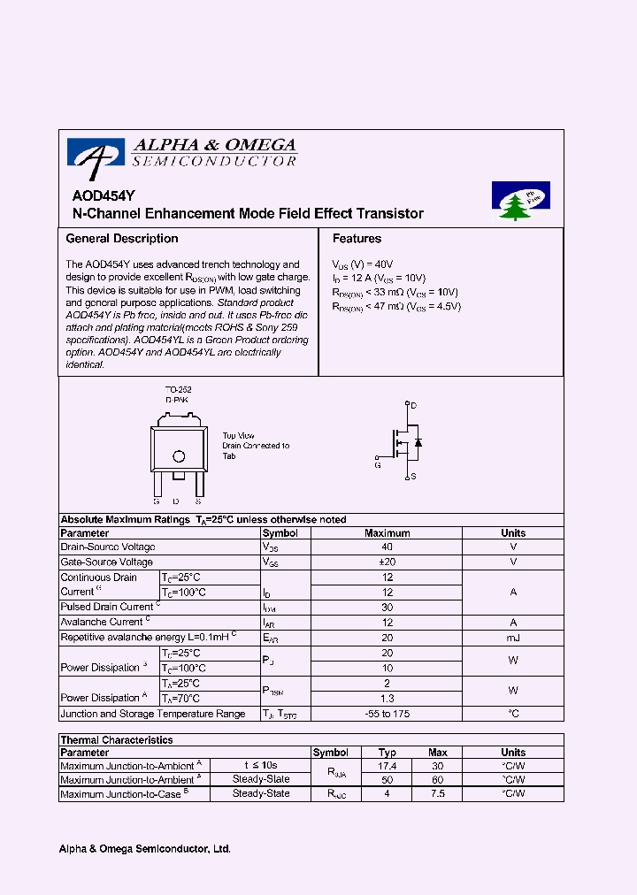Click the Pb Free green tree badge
tap(520, 202)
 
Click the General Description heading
tap(122, 239)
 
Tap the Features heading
tap(357, 239)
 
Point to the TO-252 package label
tap(179, 390)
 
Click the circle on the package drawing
tap(179, 457)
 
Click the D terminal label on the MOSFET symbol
tap(413, 405)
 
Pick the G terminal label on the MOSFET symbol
tap(377, 463)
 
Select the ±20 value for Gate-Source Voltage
tap(387, 562)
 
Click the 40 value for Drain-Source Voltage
tap(387, 547)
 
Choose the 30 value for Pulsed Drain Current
tap(387, 608)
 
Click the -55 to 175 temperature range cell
tap(387, 714)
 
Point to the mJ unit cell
tap(512, 638)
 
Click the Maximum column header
tap(387, 533)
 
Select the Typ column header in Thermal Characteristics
tap(387, 753)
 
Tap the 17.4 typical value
tap(387, 766)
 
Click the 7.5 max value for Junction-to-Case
tap(438, 794)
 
